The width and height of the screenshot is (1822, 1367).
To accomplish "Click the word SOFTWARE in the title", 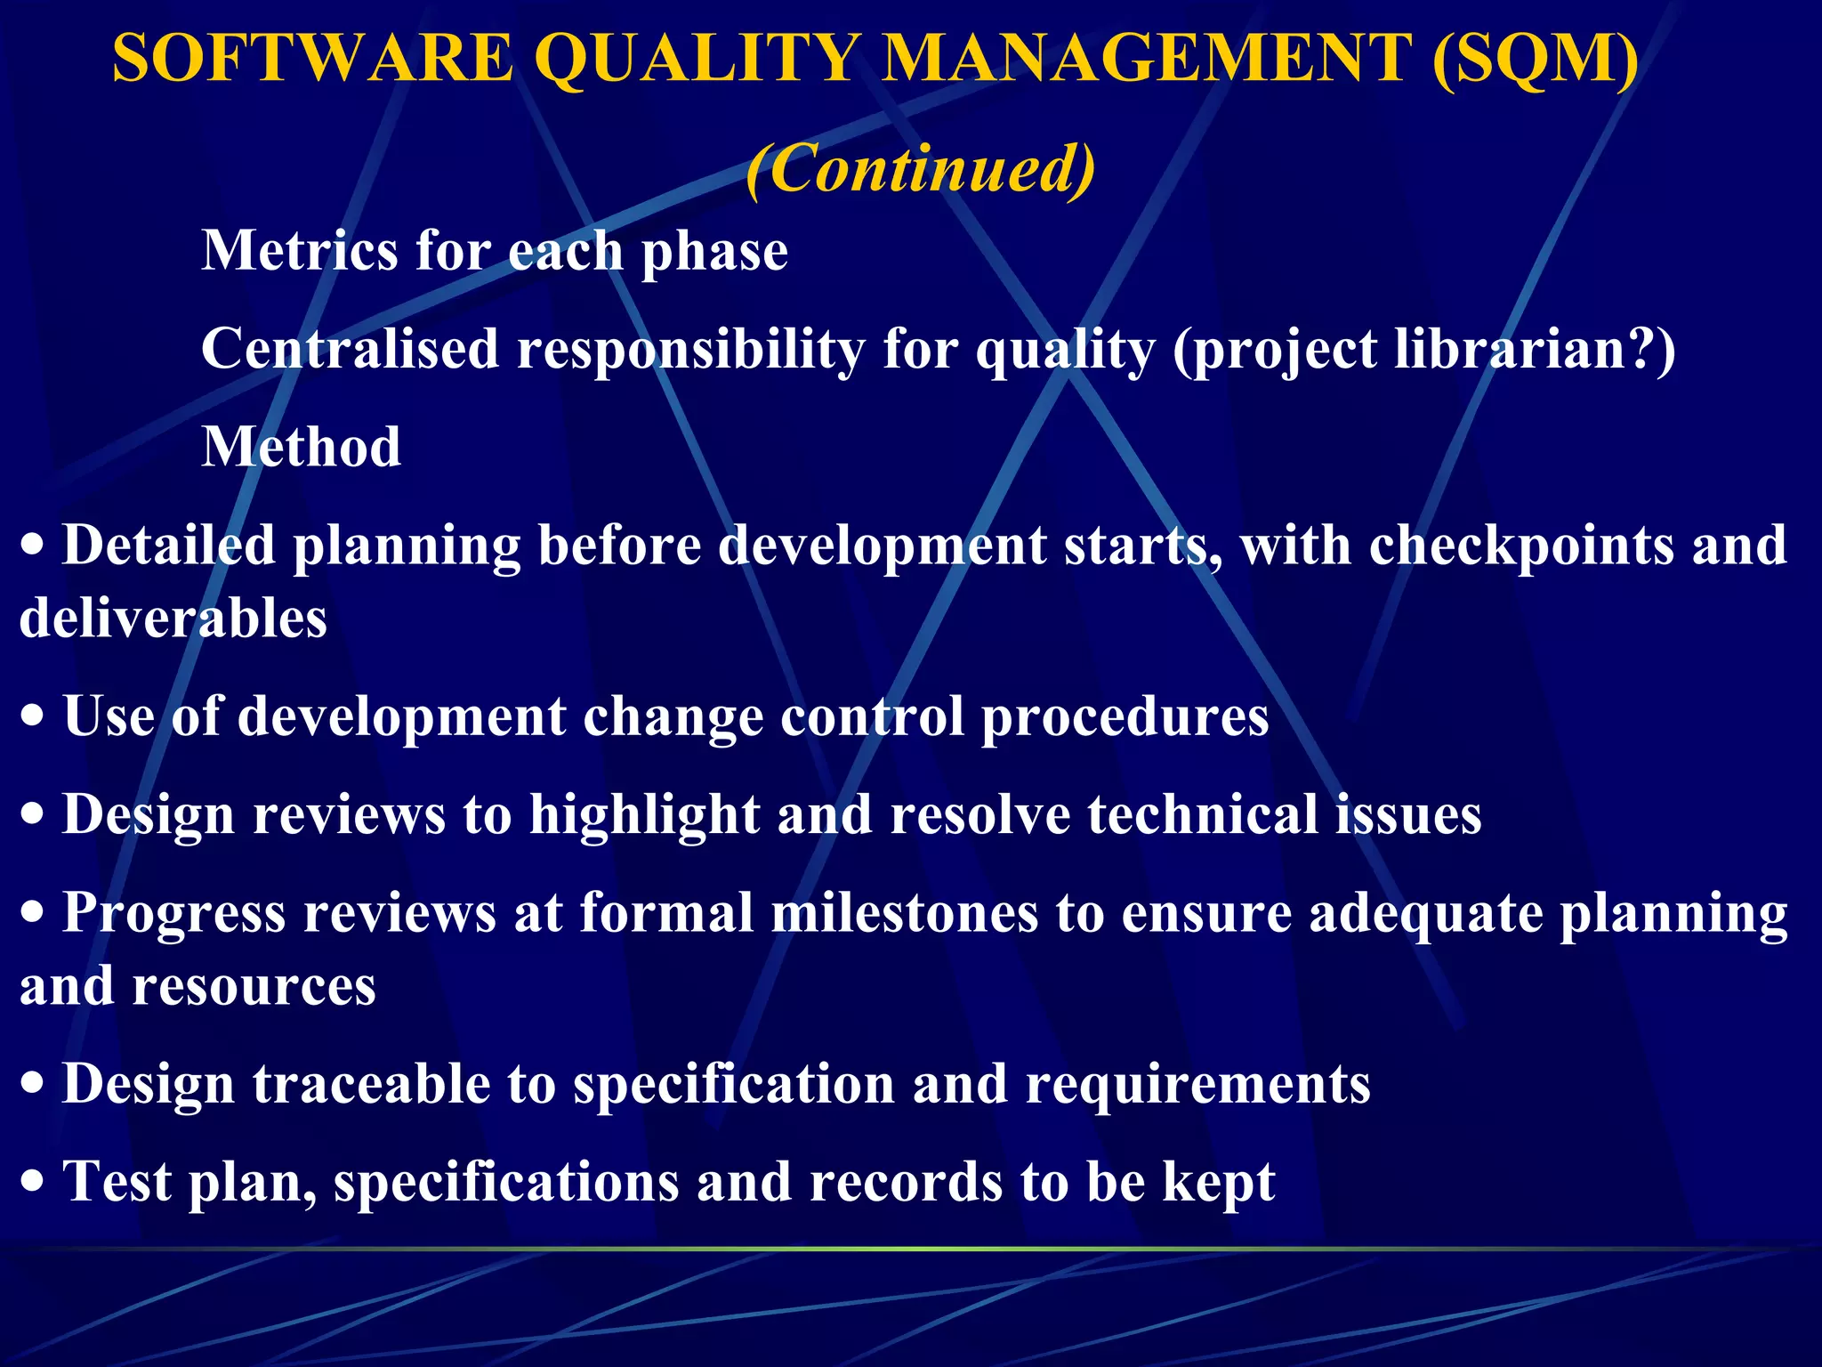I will (313, 58).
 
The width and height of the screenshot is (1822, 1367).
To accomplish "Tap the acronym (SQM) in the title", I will (1536, 58).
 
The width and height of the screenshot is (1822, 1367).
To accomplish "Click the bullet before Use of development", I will (33, 717).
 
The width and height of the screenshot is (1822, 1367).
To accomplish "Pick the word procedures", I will (1125, 716).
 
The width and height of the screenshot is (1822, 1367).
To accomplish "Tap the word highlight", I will (644, 814).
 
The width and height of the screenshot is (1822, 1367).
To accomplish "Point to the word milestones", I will (905, 913).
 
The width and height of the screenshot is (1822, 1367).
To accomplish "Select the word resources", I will (254, 986).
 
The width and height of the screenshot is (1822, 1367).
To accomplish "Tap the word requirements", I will (1197, 1084).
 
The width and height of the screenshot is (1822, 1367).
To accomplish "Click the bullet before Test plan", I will (33, 1183).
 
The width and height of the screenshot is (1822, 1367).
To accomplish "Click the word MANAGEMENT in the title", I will (1148, 58).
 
